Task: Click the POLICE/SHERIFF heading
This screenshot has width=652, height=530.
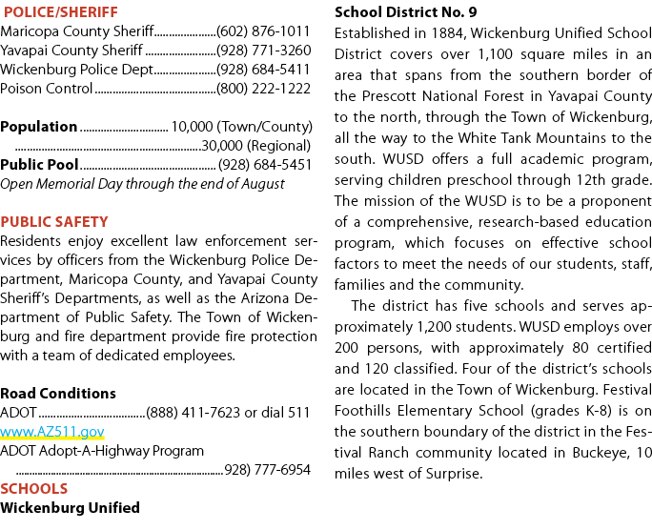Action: (x=61, y=12)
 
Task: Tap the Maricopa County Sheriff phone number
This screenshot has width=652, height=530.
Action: (x=263, y=31)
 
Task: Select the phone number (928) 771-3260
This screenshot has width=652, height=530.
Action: (x=264, y=51)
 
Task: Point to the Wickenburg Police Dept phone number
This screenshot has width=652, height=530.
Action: (x=263, y=70)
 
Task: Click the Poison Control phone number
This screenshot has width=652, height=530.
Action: (x=264, y=89)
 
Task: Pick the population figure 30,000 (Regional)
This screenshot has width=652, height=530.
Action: (x=256, y=146)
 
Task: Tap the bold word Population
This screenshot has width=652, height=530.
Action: (x=39, y=127)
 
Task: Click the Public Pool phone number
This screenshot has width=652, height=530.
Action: (x=265, y=165)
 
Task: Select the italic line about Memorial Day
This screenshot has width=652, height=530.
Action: (x=142, y=184)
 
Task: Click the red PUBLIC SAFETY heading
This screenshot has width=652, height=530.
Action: (x=54, y=222)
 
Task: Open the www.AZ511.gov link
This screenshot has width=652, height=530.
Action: (x=52, y=433)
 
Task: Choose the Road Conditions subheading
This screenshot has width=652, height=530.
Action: (x=58, y=394)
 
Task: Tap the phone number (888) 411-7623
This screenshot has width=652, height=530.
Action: (x=194, y=413)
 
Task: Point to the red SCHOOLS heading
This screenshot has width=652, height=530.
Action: (x=33, y=489)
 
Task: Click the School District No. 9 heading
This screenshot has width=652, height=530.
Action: (x=406, y=12)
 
